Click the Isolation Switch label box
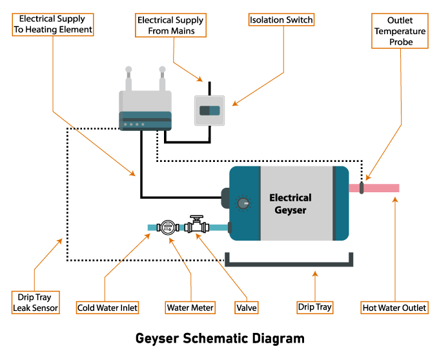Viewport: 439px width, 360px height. click(x=281, y=20)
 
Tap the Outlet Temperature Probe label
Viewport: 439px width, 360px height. click(x=400, y=31)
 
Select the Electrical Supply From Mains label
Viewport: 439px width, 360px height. click(x=170, y=25)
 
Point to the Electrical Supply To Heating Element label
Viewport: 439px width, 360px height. click(x=54, y=25)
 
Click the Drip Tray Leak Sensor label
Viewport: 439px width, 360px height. click(x=36, y=303)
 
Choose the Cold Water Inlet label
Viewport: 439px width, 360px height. click(x=107, y=308)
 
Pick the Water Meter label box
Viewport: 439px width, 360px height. click(x=190, y=308)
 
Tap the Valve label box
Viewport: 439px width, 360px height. click(x=247, y=308)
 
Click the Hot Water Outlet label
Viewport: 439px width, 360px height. click(x=394, y=308)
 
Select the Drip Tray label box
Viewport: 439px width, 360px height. click(x=315, y=307)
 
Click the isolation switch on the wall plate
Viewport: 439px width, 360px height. click(x=209, y=110)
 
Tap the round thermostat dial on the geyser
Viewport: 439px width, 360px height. click(x=243, y=203)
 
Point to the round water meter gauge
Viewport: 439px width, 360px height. click(x=168, y=226)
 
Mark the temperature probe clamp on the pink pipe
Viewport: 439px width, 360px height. click(x=362, y=188)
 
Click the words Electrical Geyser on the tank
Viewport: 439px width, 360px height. click(x=290, y=203)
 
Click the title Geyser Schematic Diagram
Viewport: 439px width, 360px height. click(x=219, y=338)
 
